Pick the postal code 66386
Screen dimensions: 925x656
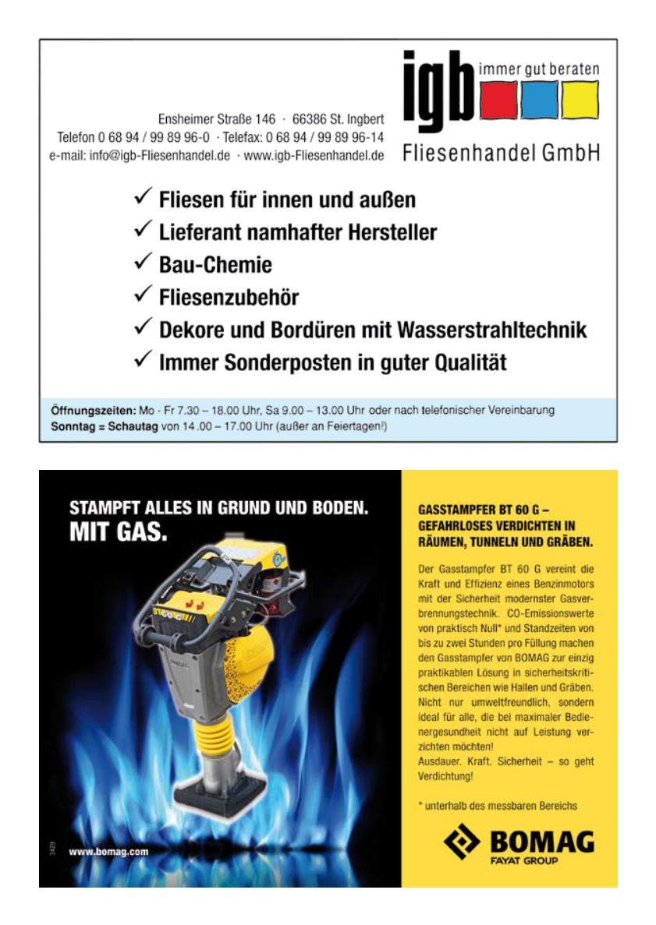(x=310, y=120)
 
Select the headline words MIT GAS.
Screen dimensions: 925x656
(x=119, y=535)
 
